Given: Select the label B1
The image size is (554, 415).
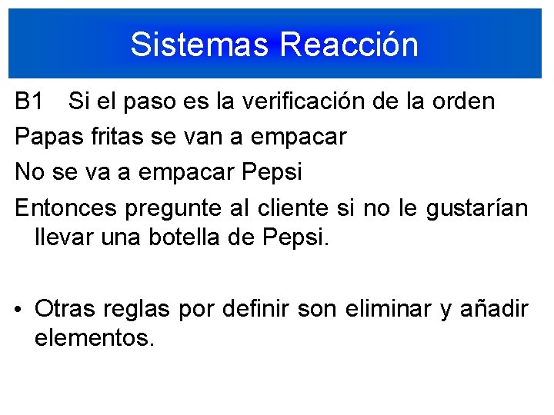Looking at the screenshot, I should click(x=31, y=101).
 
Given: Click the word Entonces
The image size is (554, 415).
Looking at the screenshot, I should click(x=65, y=207).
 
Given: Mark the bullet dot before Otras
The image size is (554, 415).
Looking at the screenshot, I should click(x=20, y=310).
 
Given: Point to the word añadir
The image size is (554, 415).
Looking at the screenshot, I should click(x=494, y=309).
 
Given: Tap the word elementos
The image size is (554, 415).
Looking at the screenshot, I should click(x=95, y=337).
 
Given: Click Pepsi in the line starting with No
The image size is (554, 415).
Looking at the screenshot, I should click(x=273, y=173).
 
